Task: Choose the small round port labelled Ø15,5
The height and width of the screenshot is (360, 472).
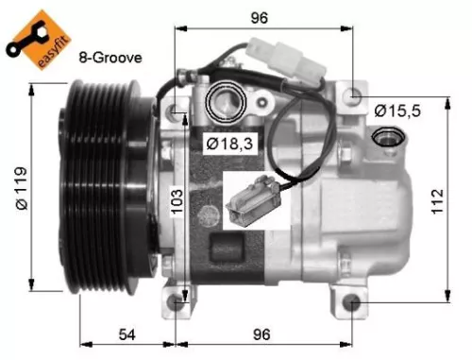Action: pyautogui.click(x=386, y=140)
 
